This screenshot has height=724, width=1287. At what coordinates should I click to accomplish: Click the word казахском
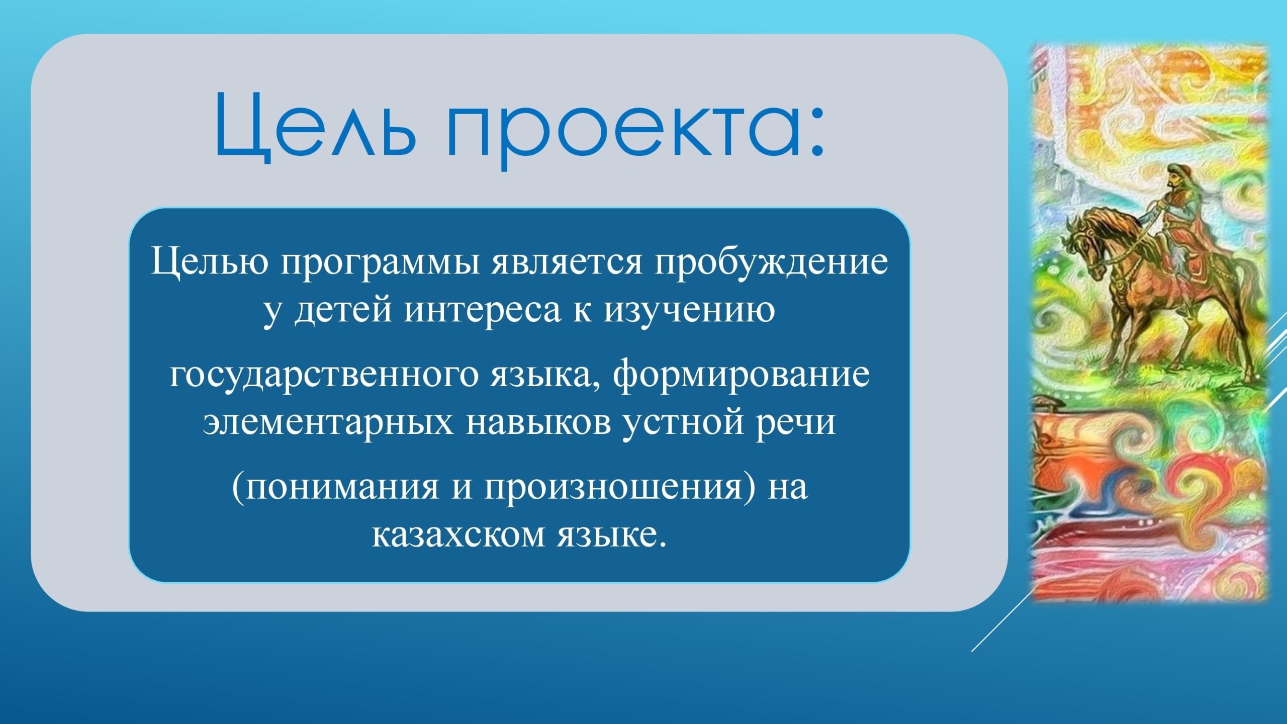[x=458, y=536]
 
